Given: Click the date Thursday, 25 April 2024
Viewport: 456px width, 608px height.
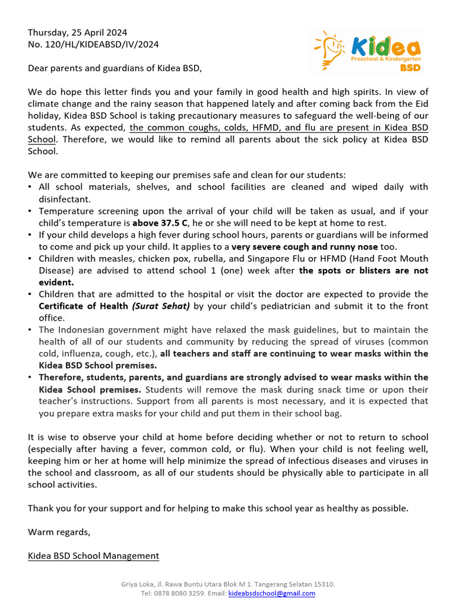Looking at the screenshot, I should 77,33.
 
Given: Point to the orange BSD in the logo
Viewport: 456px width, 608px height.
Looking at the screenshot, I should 410,68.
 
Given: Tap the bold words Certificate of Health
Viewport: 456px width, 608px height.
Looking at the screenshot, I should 83,306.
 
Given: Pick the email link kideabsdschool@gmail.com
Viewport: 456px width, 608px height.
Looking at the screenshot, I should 272,593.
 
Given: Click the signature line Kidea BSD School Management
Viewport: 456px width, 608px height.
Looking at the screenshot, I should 93,556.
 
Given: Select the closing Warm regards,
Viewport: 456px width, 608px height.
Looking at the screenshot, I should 59,532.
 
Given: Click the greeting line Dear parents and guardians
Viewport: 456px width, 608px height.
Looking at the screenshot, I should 115,68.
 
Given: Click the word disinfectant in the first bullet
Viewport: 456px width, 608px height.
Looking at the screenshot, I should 65,199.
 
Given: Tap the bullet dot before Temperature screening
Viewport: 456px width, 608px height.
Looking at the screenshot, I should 31,211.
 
